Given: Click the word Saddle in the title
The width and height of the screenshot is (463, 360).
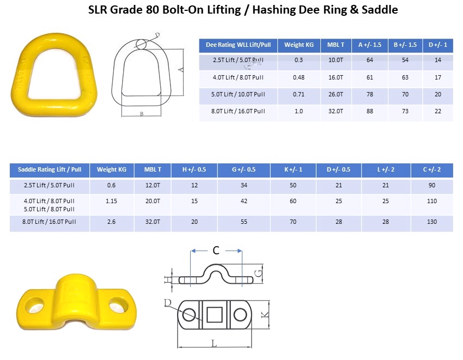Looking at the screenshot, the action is (x=380, y=10).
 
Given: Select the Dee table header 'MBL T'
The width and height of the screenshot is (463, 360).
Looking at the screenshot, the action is (x=336, y=45).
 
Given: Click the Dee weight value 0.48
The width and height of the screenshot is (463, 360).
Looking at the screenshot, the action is (x=298, y=77).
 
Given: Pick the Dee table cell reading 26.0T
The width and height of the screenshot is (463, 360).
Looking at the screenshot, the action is (x=336, y=94).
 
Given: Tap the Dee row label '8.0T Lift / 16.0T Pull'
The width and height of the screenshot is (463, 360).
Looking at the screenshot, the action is (x=238, y=111).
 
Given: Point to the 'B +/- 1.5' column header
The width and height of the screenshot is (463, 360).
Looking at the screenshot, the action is (x=405, y=45).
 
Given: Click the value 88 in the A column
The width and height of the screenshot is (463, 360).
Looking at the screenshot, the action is (x=370, y=111).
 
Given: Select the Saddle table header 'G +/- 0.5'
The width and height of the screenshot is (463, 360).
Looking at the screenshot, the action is (x=243, y=169).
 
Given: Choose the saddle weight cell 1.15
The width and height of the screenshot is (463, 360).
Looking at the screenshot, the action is (x=111, y=201).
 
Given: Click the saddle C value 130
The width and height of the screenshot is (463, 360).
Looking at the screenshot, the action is (x=432, y=222).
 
